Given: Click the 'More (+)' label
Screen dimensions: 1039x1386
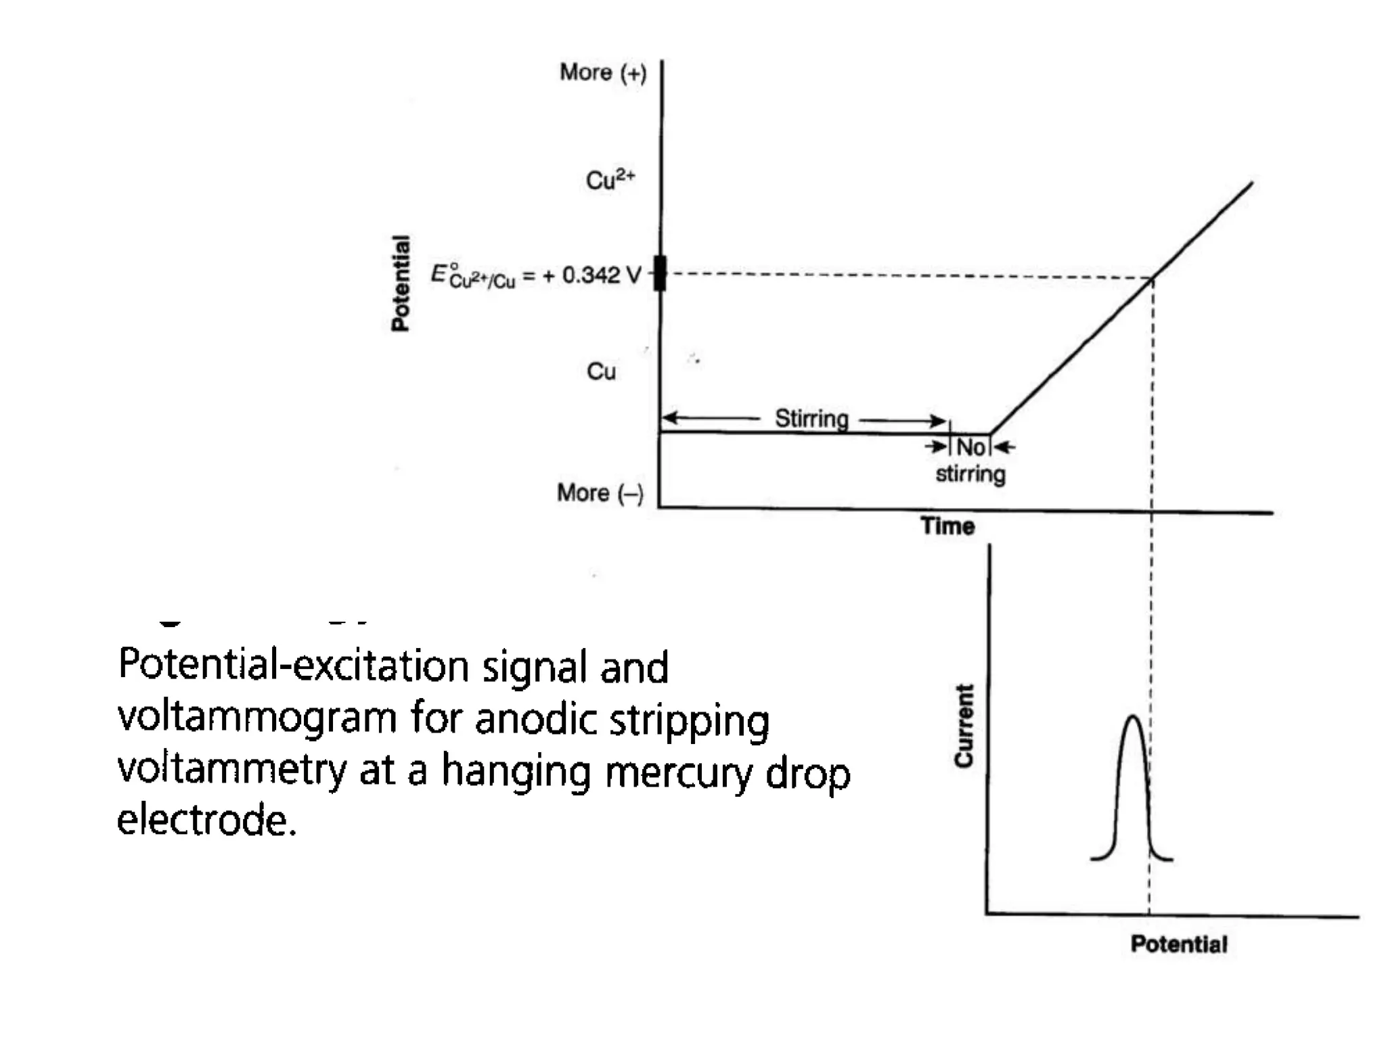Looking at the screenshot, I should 602,72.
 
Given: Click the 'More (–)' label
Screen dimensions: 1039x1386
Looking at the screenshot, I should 600,493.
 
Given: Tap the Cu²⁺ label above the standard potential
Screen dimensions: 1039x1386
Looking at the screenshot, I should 610,180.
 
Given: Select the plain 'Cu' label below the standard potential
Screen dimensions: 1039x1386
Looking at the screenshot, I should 601,371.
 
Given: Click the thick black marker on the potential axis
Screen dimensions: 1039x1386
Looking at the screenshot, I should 660,273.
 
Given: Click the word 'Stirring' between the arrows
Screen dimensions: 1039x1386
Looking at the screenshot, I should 811,419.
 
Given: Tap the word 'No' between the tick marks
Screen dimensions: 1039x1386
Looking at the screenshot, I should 970,447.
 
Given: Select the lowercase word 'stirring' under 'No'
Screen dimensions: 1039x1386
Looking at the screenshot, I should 970,474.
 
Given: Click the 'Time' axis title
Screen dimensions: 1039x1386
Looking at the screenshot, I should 947,526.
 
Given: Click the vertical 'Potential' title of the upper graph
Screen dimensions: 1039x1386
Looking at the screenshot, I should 401,283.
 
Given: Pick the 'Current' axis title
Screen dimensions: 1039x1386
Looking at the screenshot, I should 964,725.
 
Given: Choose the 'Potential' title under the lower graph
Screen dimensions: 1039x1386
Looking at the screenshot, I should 1178,944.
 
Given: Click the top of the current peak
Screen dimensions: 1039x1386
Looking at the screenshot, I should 1133,716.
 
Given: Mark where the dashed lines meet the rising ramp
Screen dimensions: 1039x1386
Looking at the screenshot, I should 1153,277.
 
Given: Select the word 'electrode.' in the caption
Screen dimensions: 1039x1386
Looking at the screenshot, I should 206,821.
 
